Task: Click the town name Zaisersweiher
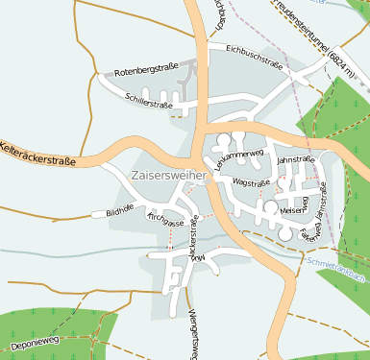[x=166, y=176]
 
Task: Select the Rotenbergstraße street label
[x=147, y=73]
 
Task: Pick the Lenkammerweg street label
[x=237, y=157]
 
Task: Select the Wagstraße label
[x=251, y=181]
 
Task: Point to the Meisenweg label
[x=293, y=204]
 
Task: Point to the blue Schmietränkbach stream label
[x=335, y=268]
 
